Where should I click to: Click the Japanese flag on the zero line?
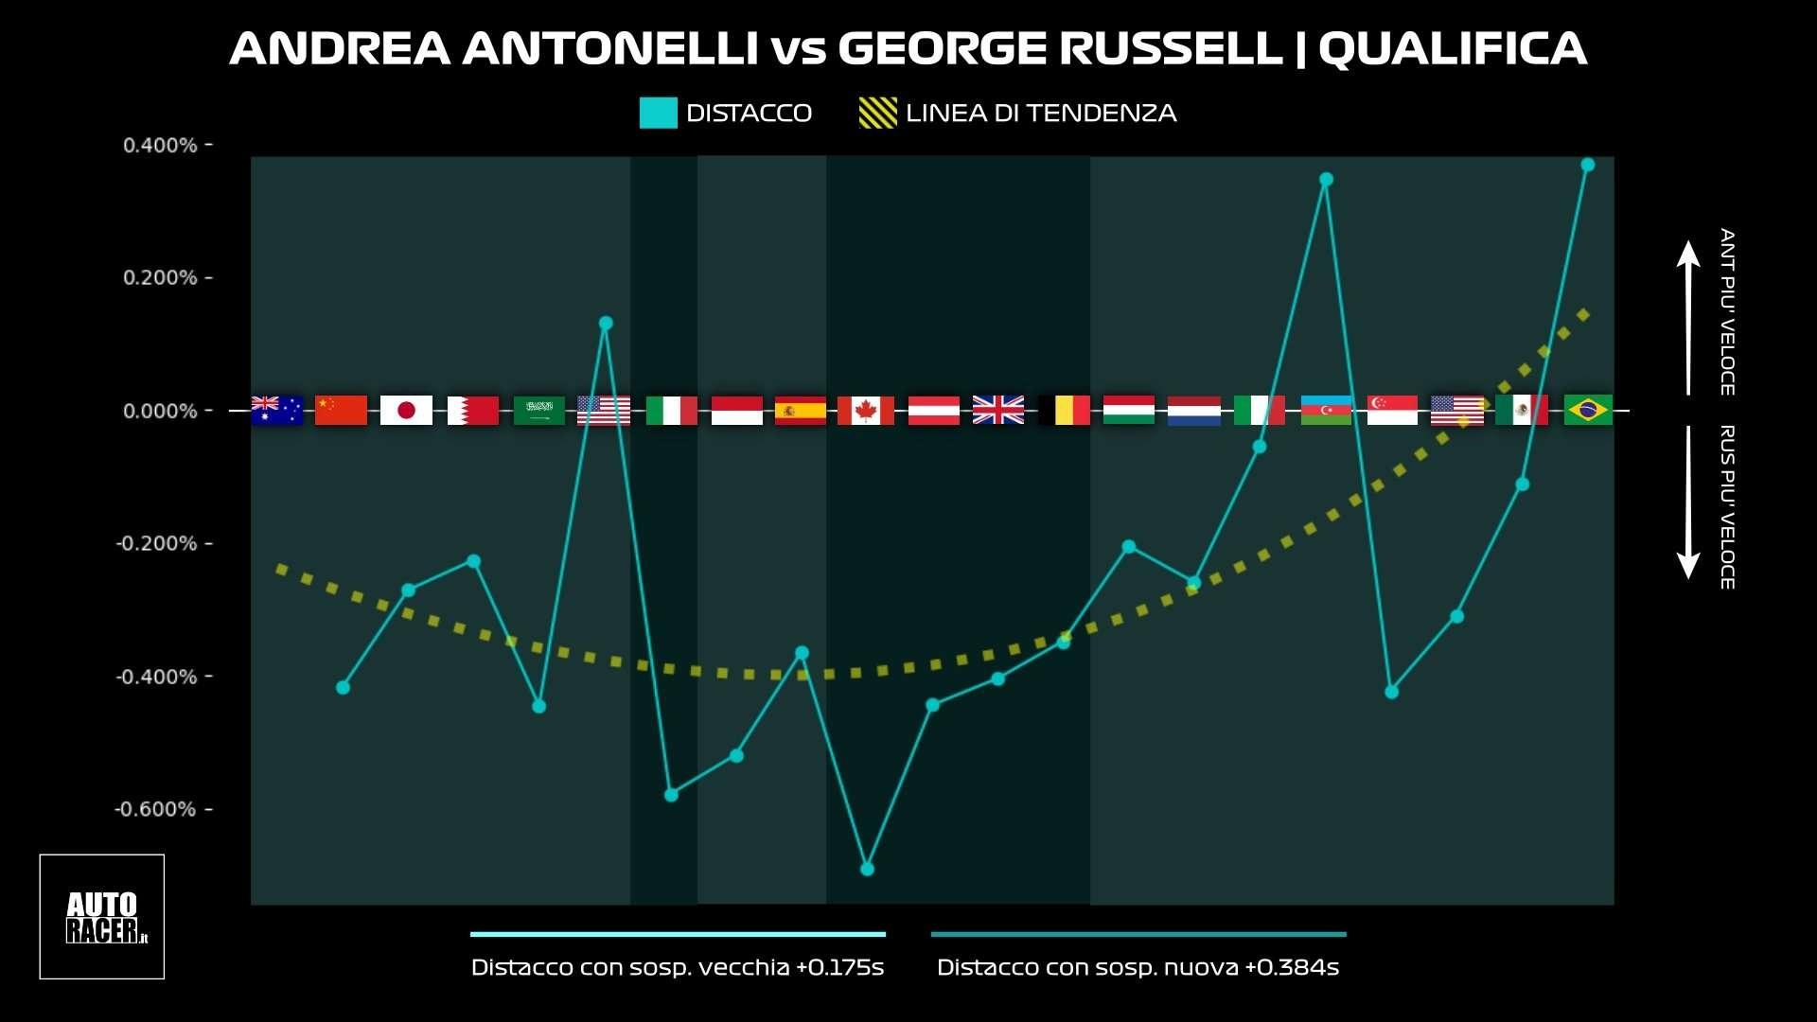point(406,411)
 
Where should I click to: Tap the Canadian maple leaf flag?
point(865,411)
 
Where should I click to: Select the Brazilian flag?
point(1588,411)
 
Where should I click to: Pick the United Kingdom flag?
point(998,411)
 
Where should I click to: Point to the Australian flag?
point(276,411)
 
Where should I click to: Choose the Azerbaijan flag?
point(1326,411)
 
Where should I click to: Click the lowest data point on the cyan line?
point(867,869)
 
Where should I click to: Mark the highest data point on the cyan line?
point(1588,165)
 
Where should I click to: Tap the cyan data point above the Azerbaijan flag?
point(1326,180)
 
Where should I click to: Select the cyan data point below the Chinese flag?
point(343,687)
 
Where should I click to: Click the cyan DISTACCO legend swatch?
point(658,113)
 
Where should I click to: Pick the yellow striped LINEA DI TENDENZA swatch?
point(877,113)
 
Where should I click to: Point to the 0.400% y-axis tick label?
point(160,145)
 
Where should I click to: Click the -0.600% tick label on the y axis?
point(155,809)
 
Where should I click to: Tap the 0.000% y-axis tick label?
point(160,411)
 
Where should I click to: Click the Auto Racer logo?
point(102,916)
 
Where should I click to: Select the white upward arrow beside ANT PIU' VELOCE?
point(1688,317)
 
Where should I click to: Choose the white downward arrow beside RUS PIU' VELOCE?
point(1688,502)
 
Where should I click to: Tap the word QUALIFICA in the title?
point(1453,49)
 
